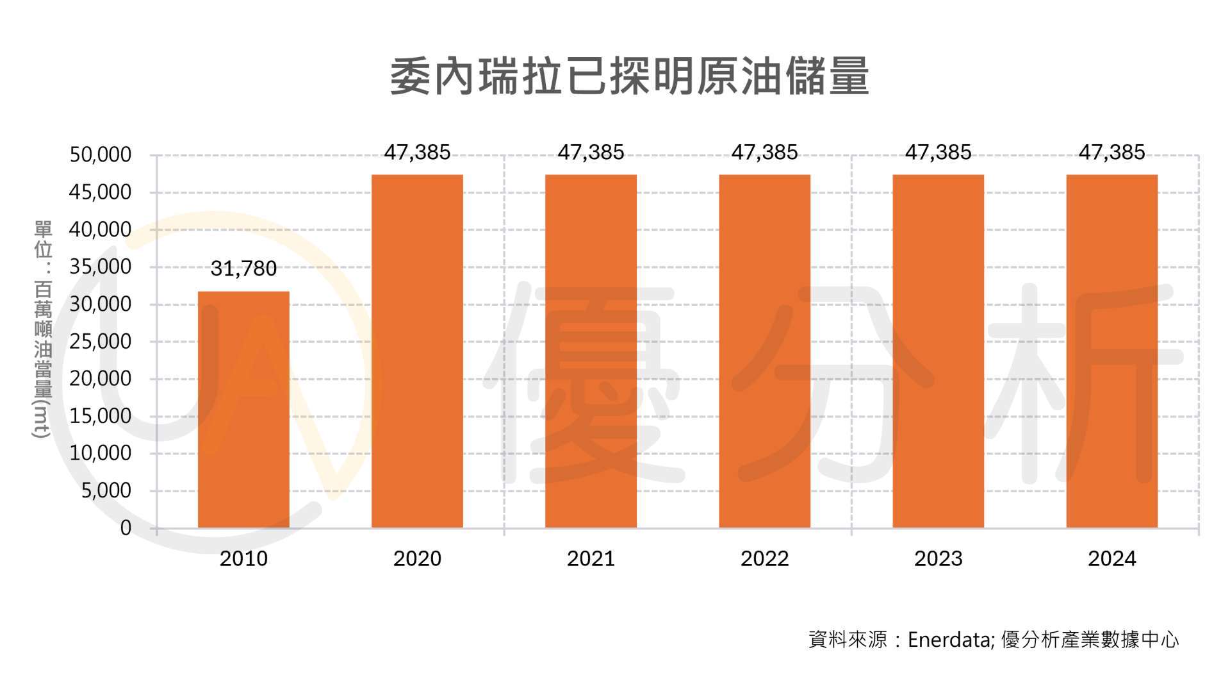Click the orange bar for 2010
coord(243,410)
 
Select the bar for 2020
coord(417,351)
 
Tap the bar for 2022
coord(764,351)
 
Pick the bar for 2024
coord(1111,351)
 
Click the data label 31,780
coord(243,269)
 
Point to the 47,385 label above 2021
coord(591,153)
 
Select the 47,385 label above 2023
coord(938,153)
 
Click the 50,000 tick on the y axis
coord(100,155)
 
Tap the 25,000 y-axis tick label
coord(100,342)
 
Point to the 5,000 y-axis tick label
coord(106,491)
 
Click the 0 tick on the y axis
coord(126,528)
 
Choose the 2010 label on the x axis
coord(243,559)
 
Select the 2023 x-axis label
coord(938,559)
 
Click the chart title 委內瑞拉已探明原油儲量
coord(629,77)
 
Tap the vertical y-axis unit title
coord(42,329)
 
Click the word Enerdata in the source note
coord(949,640)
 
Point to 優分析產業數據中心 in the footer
coord(1089,640)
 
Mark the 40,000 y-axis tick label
coord(100,229)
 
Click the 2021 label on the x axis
coord(591,559)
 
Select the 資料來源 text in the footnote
coord(848,640)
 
